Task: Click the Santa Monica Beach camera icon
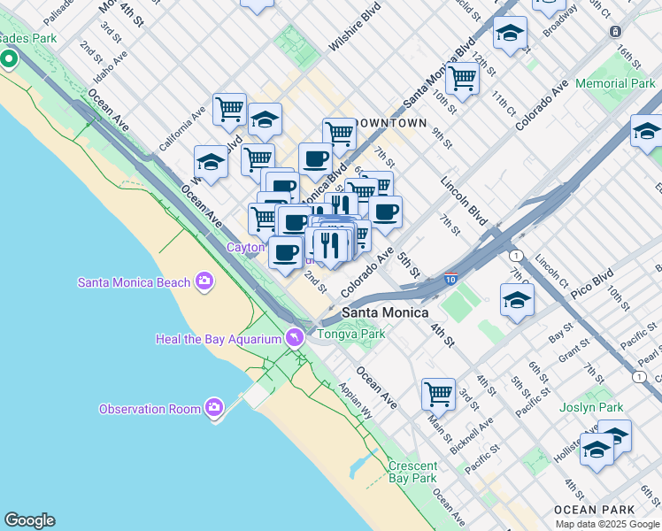point(205,281)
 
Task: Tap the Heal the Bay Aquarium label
point(217,339)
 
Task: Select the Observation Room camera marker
point(213,408)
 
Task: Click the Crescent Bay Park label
point(412,472)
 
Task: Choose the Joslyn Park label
point(591,408)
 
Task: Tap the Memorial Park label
point(615,83)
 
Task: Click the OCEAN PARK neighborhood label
point(594,510)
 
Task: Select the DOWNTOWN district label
point(390,123)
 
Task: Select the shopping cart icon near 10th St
point(462,78)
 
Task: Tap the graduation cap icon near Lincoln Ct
point(517,299)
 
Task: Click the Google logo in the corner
point(29,520)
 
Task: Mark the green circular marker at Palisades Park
point(9,60)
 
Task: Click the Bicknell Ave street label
point(470,438)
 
